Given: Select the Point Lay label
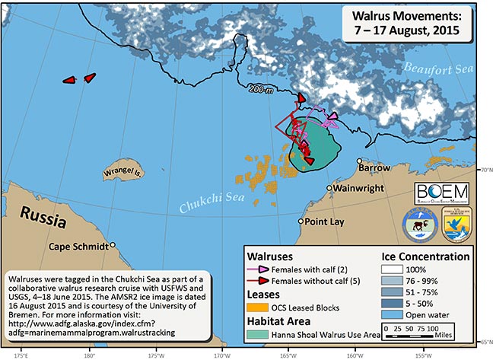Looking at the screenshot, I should (326, 221).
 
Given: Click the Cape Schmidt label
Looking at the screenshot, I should (79, 246).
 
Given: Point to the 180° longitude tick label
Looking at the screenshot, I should (89, 354).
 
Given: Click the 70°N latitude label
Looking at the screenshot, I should (485, 170).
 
